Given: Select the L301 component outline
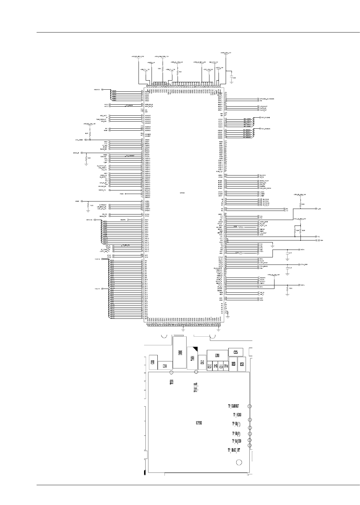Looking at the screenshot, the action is coord(217,355).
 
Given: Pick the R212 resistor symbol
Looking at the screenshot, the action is coord(287,288).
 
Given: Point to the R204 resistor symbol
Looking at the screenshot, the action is coord(86,158).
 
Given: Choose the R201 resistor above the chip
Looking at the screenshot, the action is coord(178,72).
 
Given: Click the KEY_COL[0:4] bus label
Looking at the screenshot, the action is coord(266,117).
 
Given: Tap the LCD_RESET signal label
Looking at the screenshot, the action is coord(264,233).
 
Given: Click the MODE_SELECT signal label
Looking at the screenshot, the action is coord(264,181).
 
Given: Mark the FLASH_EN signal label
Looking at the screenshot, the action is coord(264,108).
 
